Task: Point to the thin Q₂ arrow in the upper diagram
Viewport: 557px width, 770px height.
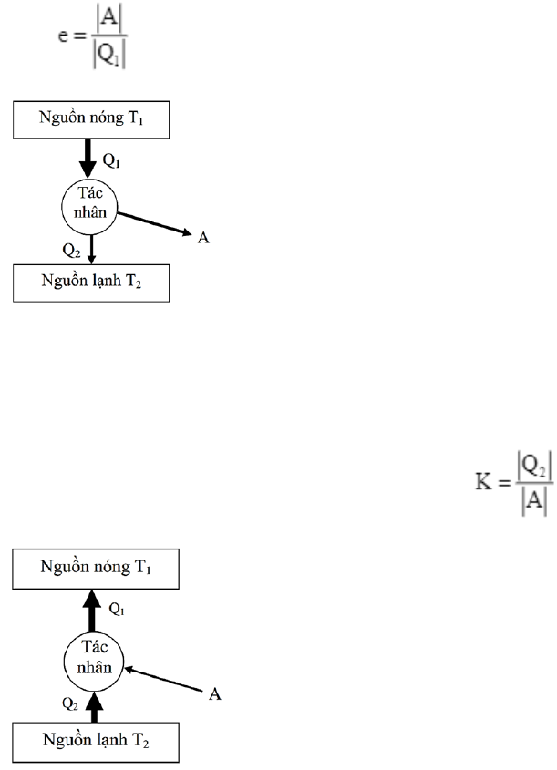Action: (x=91, y=250)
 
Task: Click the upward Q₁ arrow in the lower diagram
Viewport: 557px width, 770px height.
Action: (x=91, y=608)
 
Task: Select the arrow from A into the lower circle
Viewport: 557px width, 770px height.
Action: (x=164, y=679)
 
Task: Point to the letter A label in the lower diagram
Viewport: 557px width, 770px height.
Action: (x=214, y=694)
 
